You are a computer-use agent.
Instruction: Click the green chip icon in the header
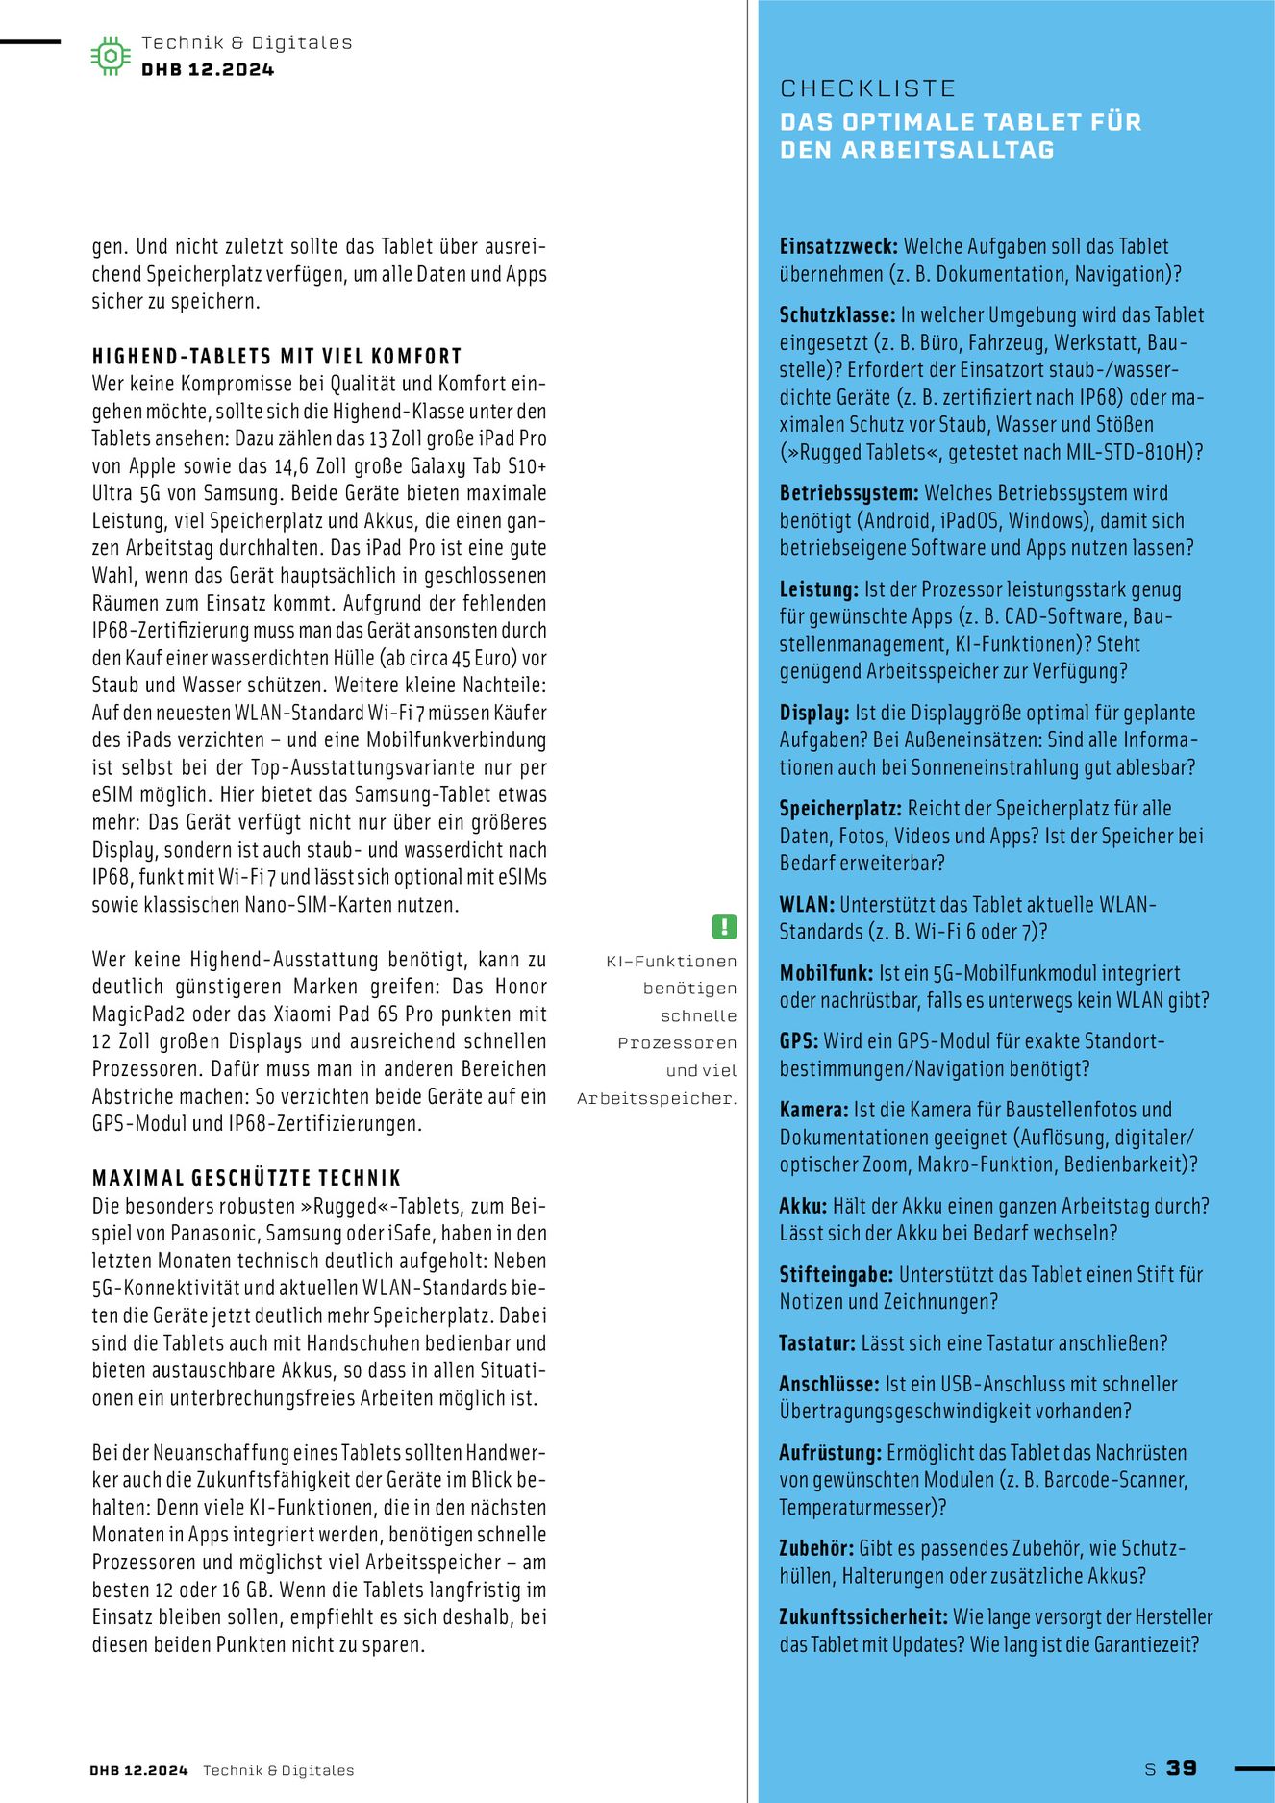tap(111, 56)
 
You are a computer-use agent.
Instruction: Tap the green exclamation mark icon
tap(724, 926)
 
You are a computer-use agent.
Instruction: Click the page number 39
tap(1182, 1767)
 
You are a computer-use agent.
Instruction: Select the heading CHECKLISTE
tap(867, 88)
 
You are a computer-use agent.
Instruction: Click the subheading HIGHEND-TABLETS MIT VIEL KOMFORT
tap(277, 356)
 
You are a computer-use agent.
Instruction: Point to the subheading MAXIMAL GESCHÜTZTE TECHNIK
tap(246, 1178)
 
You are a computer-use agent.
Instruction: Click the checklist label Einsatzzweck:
tap(838, 246)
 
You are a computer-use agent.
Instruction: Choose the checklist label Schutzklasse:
tap(837, 315)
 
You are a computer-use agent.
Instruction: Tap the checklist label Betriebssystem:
tap(849, 493)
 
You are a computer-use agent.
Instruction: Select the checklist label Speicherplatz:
tap(840, 809)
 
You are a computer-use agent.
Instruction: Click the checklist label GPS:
tap(799, 1041)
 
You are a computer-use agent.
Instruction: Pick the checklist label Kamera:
tap(813, 1110)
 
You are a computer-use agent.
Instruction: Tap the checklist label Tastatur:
tap(817, 1343)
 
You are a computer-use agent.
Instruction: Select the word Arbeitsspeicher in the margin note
tap(654, 1098)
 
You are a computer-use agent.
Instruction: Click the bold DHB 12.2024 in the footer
tap(138, 1770)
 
